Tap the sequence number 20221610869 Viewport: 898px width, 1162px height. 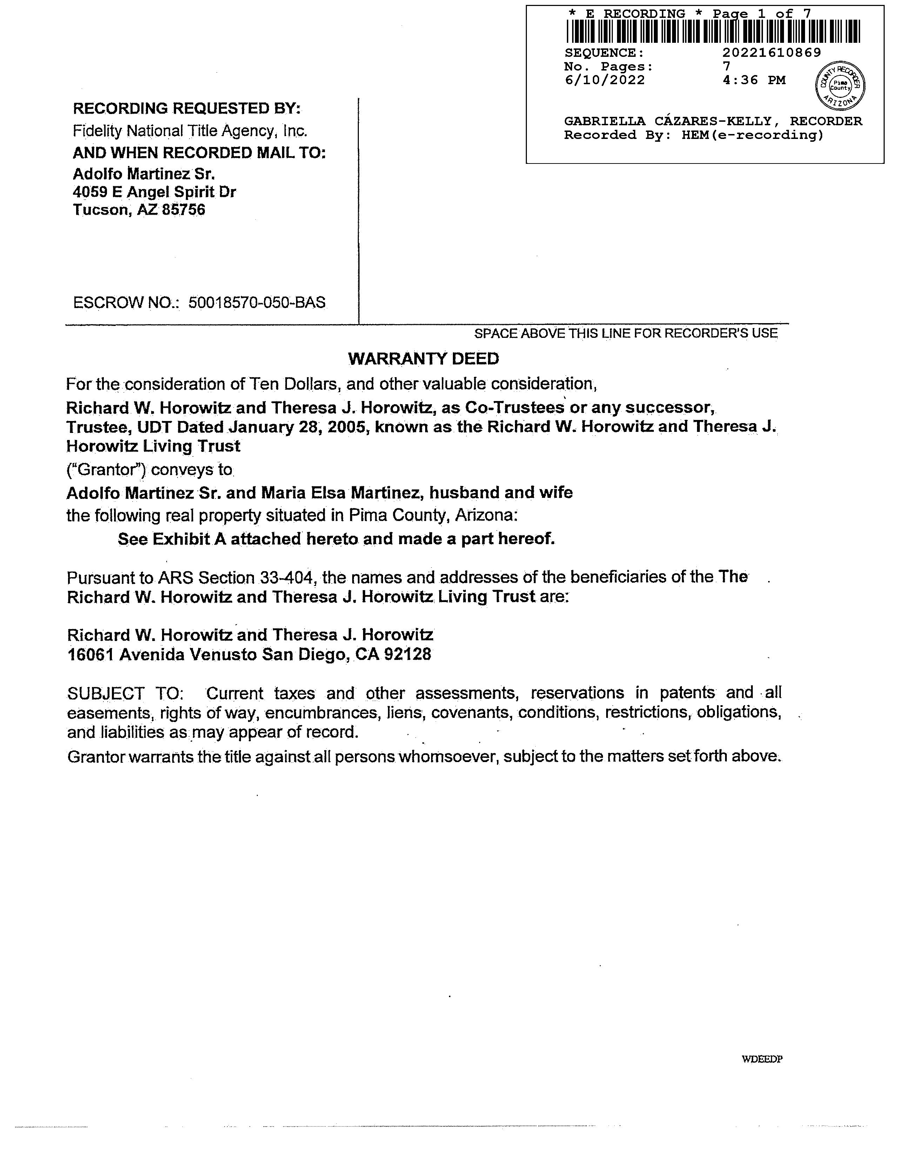pyautogui.click(x=771, y=53)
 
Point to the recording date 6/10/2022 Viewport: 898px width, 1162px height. pyautogui.click(x=604, y=80)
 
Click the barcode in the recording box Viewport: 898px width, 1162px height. pyautogui.click(x=713, y=31)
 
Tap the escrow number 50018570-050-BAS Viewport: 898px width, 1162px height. pyautogui.click(x=257, y=303)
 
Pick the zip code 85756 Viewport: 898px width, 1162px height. pyautogui.click(x=183, y=210)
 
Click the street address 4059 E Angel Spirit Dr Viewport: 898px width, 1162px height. pyautogui.click(x=154, y=192)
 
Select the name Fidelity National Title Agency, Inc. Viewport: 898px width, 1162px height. pyautogui.click(x=190, y=131)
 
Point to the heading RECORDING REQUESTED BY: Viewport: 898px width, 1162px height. pyautogui.click(x=187, y=108)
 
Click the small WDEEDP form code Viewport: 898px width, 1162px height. pyautogui.click(x=762, y=1059)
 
